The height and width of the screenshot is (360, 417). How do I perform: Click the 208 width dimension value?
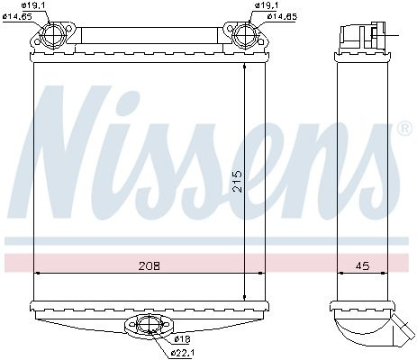click(x=150, y=265)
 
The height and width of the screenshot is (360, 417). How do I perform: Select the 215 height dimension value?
click(x=238, y=181)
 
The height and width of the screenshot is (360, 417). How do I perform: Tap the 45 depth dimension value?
click(x=362, y=265)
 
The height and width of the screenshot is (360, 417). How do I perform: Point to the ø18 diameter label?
click(x=182, y=339)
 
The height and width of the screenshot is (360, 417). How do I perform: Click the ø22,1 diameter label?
click(x=183, y=352)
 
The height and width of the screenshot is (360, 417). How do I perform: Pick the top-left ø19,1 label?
click(x=34, y=5)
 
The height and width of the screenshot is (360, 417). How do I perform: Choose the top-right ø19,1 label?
click(x=267, y=5)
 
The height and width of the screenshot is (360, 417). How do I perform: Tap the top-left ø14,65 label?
click(x=17, y=16)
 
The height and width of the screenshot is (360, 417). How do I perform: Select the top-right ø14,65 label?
click(x=282, y=16)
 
